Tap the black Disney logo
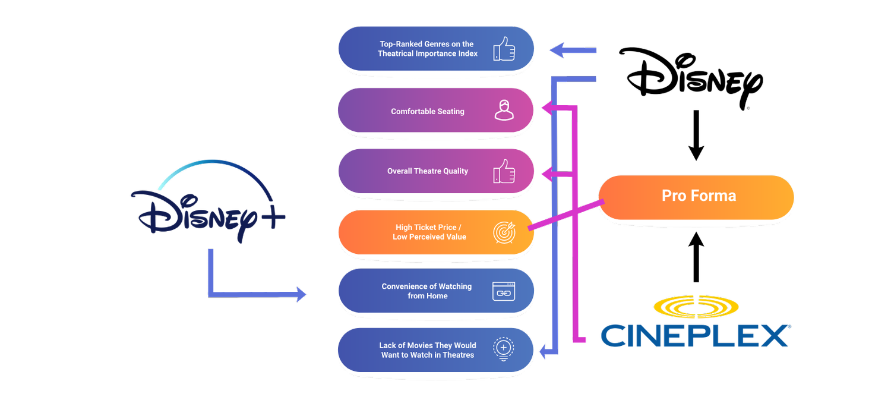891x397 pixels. [x=690, y=78]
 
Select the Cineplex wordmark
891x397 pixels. [x=696, y=335]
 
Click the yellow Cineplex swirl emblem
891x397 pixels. [x=696, y=307]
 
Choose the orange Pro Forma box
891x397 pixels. [x=696, y=197]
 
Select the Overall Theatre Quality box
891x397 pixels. [x=436, y=171]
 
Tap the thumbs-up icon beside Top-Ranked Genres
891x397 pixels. [x=504, y=49]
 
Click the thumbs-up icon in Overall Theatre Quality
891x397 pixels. [x=504, y=171]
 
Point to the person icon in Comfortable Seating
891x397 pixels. [x=504, y=110]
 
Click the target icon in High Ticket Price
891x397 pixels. [x=504, y=232]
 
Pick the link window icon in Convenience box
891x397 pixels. [x=504, y=291]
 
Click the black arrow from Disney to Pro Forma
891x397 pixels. [x=696, y=136]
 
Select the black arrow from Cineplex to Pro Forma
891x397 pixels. [x=696, y=257]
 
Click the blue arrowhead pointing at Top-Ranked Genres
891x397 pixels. [x=557, y=50]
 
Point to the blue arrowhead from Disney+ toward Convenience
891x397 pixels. [x=301, y=294]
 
